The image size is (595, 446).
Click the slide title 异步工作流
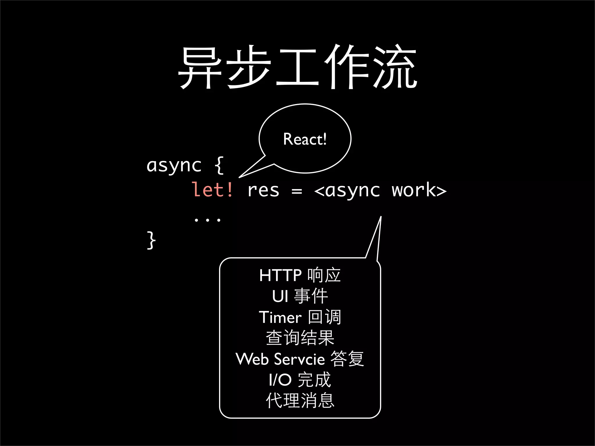297,67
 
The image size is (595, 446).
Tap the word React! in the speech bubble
305,139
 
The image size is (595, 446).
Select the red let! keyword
212,190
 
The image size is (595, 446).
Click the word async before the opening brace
174,166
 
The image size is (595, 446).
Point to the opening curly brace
219,166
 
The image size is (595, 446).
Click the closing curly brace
151,240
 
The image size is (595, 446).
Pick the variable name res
263,190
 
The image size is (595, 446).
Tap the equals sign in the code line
297,191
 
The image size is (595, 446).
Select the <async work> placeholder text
380,190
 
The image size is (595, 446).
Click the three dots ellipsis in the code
207,220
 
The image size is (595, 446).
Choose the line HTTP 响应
300,275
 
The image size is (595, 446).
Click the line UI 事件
300,296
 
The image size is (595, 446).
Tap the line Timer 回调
300,317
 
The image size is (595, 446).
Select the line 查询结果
300,338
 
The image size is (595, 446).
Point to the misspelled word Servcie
300,359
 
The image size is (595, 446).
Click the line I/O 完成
300,380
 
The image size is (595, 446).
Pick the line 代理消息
300,401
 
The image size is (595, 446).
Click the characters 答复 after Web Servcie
347,359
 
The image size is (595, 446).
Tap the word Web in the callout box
252,359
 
